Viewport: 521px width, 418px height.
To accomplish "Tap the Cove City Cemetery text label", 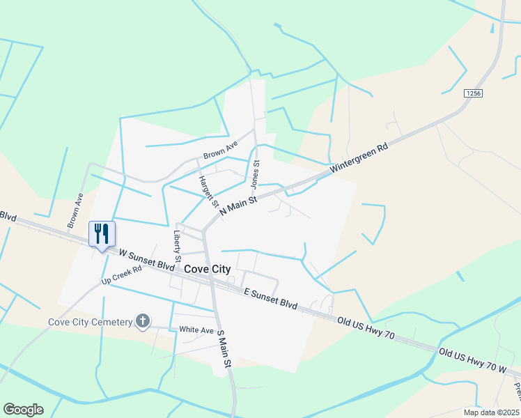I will [x=91, y=322].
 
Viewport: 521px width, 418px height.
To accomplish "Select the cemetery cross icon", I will [x=143, y=321].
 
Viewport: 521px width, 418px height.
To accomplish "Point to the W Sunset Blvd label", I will [x=146, y=260].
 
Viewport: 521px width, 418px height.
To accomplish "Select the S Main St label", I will [x=223, y=348].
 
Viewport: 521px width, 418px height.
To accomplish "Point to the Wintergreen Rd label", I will [x=359, y=158].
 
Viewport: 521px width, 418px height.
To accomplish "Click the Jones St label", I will [x=255, y=174].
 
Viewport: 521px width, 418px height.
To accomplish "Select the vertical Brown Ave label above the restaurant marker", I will [x=74, y=211].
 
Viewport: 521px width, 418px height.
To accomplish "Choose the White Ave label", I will [x=196, y=330].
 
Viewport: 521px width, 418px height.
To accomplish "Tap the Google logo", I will [x=23, y=409].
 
